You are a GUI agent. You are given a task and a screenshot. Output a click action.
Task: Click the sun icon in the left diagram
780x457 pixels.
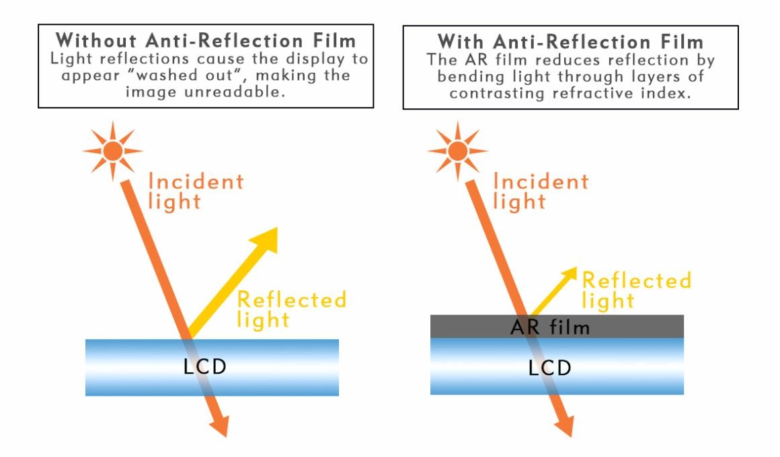coord(112,151)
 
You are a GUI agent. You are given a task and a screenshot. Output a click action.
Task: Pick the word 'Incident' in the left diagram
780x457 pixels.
coord(196,181)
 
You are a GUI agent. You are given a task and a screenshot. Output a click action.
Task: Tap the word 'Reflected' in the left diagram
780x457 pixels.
coord(292,299)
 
